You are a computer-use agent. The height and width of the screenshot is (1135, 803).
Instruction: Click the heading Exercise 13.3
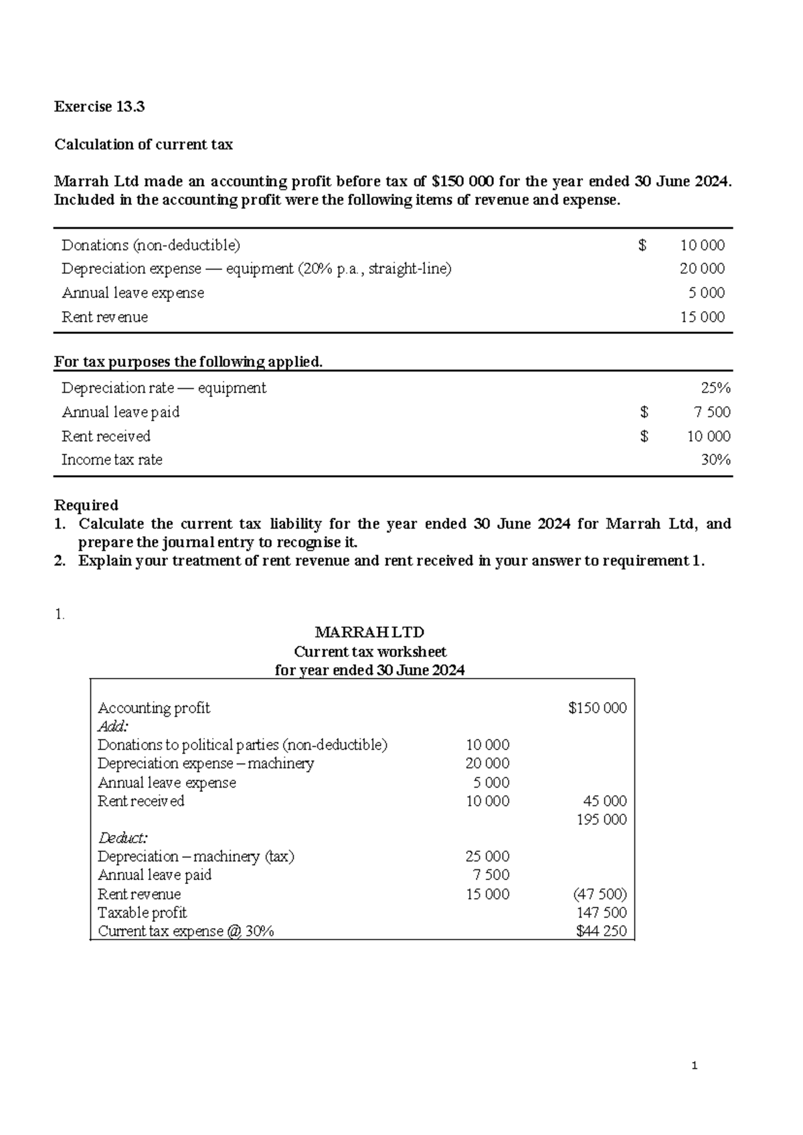tap(99, 106)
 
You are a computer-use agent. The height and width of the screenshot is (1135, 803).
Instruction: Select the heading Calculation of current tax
tap(143, 145)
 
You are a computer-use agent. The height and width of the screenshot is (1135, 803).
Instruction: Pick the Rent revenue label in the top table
tap(104, 317)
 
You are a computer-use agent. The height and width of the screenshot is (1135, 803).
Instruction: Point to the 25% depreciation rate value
tap(715, 388)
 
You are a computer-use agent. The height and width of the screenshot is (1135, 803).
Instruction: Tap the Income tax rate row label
tap(112, 460)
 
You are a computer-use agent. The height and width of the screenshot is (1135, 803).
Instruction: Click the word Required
tap(86, 505)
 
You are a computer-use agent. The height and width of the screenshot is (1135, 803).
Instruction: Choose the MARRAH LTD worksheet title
tap(369, 632)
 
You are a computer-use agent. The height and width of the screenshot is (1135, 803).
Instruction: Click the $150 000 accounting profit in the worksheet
tap(597, 708)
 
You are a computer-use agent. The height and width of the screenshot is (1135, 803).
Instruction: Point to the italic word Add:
tap(112, 727)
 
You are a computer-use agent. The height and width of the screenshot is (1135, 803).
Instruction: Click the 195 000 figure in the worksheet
tap(602, 820)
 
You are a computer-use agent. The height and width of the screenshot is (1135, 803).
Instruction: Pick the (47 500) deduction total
tap(600, 894)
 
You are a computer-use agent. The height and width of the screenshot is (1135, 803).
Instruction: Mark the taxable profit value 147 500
tap(602, 913)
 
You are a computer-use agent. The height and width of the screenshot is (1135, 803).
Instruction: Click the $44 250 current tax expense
tap(601, 931)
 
